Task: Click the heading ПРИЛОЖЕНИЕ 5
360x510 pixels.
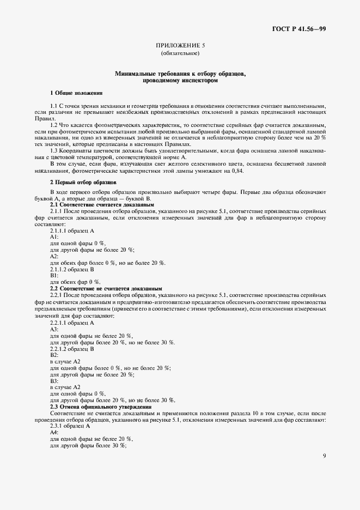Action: click(180, 46)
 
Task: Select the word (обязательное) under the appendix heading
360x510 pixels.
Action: click(180, 53)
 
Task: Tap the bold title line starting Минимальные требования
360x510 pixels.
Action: click(180, 73)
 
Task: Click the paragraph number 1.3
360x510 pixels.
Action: click(54, 150)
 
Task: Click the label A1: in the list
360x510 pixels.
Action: click(54, 236)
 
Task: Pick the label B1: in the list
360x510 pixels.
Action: click(54, 276)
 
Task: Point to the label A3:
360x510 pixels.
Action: click(54, 329)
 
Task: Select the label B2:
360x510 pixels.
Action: click(54, 355)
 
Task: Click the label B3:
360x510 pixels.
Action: click(54, 380)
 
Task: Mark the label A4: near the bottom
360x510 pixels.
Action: click(54, 432)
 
